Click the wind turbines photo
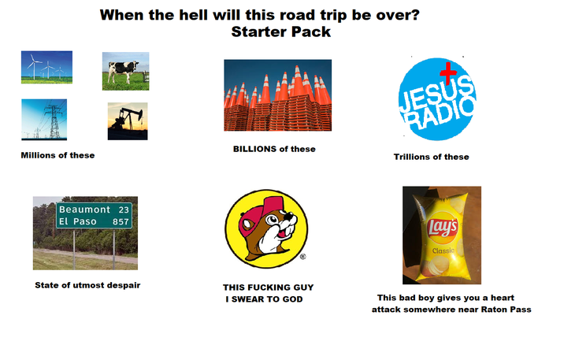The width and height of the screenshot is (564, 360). (46, 67)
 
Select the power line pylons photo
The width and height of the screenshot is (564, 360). (43, 119)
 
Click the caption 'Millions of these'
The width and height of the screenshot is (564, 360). (58, 155)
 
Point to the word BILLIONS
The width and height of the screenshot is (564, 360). (255, 149)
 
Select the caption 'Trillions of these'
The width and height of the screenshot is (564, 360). (431, 157)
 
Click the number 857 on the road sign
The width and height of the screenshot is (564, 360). (121, 222)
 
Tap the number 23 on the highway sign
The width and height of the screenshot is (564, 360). (123, 210)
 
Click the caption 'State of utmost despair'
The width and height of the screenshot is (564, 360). (87, 284)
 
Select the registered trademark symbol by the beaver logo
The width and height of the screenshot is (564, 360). (302, 257)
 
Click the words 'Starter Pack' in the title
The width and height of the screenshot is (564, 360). (281, 32)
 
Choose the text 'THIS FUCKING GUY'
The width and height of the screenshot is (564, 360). (268, 288)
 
